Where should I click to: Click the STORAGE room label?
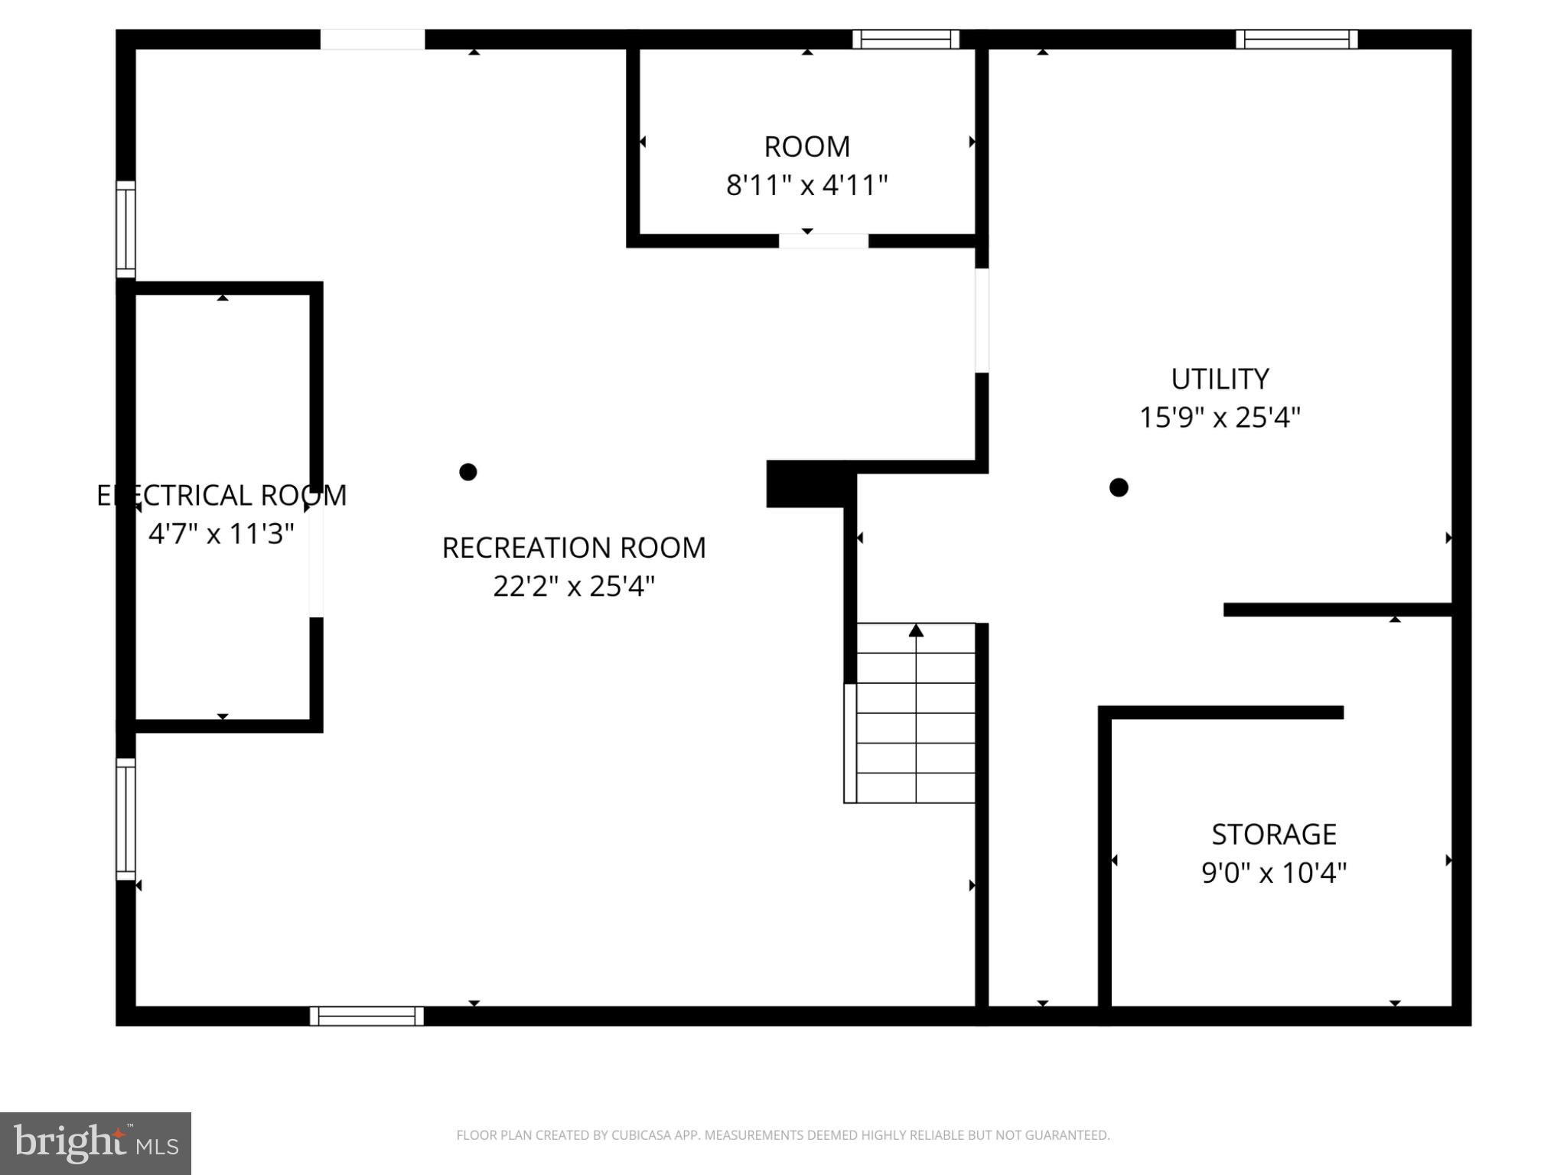click(1273, 834)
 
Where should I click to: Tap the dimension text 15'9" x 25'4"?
click(1220, 418)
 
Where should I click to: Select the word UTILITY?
click(1220, 379)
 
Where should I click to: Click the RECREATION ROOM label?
click(573, 548)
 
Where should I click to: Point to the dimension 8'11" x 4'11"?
click(806, 185)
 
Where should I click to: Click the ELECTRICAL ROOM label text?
click(221, 495)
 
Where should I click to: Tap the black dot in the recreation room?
click(468, 472)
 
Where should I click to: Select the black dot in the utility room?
click(1119, 487)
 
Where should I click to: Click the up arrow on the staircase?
click(916, 631)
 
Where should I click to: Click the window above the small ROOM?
click(906, 39)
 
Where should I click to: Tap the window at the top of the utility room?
click(1296, 39)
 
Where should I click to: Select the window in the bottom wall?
click(367, 1016)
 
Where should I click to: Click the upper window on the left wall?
click(125, 229)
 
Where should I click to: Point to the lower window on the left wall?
click(125, 819)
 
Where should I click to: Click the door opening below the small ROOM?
click(823, 241)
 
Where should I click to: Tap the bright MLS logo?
click(96, 1144)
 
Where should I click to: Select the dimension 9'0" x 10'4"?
click(1273, 873)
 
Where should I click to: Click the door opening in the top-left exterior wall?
click(372, 39)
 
